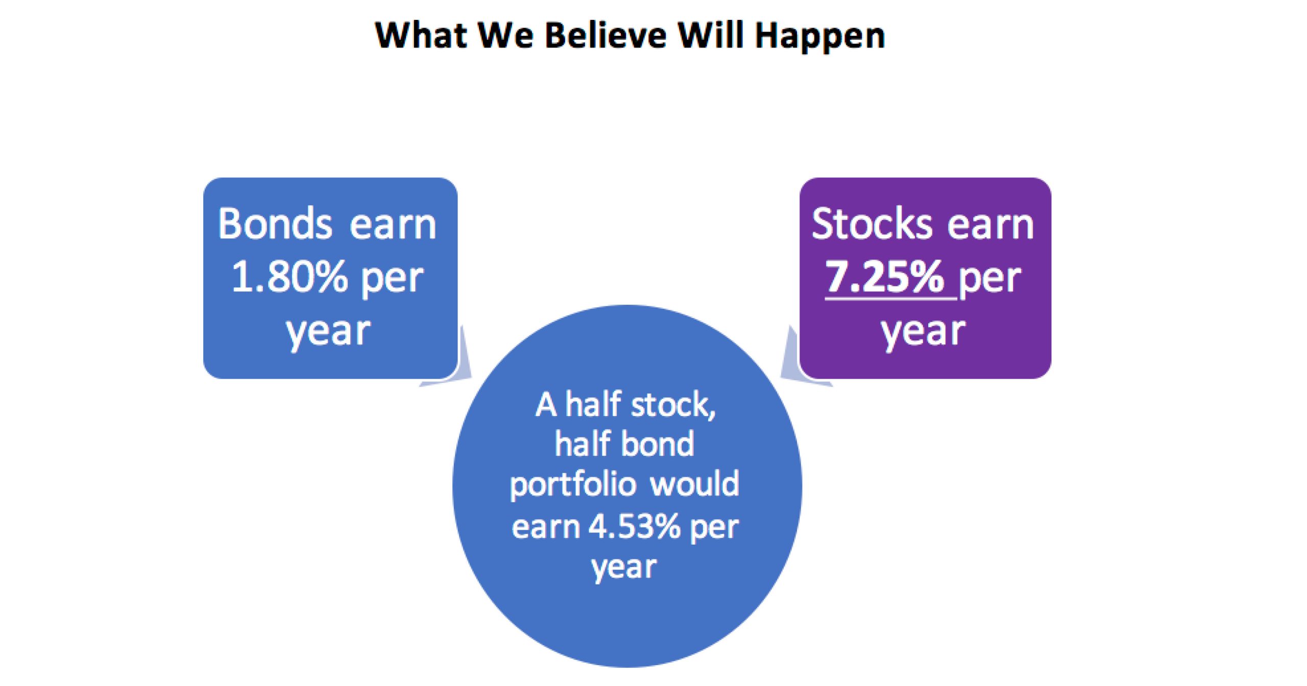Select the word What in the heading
pyautogui.click(x=421, y=35)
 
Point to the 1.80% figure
pyautogui.click(x=289, y=277)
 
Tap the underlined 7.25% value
pyautogui.click(x=884, y=277)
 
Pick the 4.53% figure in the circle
pyautogui.click(x=635, y=526)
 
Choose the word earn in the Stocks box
pyautogui.click(x=990, y=225)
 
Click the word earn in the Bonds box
pyautogui.click(x=393, y=225)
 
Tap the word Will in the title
pyautogui.click(x=711, y=35)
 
